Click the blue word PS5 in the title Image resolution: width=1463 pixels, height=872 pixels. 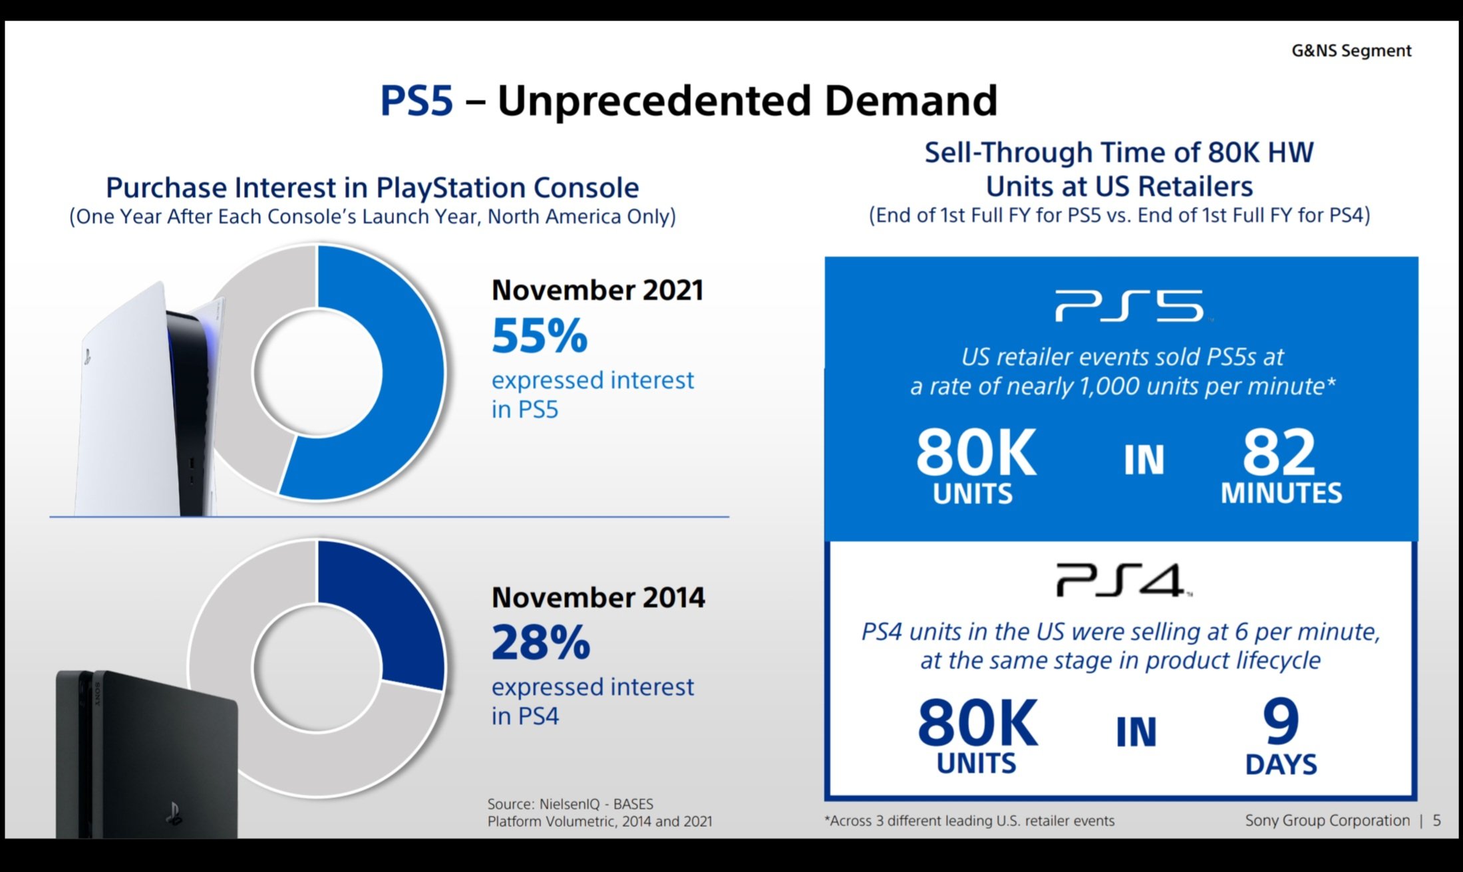[x=416, y=101]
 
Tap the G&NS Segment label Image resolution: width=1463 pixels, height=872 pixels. [x=1351, y=51]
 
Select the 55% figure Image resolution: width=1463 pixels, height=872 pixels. [x=540, y=336]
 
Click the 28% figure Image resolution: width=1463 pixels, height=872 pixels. [x=540, y=643]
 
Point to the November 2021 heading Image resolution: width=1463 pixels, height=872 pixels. [x=597, y=291]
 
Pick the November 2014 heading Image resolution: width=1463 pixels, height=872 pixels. [x=597, y=597]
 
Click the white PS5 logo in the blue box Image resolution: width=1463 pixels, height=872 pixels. [x=1130, y=306]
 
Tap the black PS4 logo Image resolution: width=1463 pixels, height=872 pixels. [x=1122, y=580]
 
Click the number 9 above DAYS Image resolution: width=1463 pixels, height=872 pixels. [x=1281, y=722]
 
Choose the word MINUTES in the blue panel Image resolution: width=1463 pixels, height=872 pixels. [x=1281, y=494]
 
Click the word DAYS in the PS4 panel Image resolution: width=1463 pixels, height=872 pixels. [x=1281, y=765]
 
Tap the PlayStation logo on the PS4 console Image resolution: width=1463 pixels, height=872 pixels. [x=174, y=813]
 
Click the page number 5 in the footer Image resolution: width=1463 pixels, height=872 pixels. [x=1437, y=821]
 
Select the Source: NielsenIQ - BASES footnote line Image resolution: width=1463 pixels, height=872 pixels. [x=570, y=804]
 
